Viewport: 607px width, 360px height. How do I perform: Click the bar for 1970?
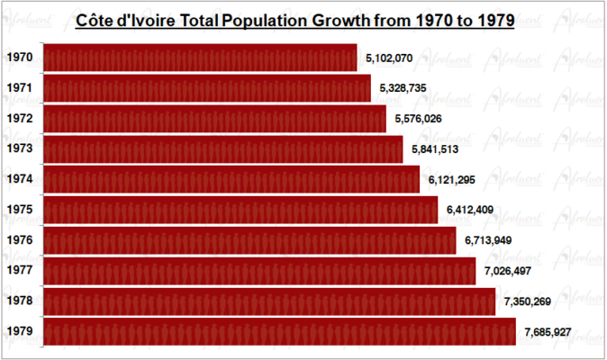pyautogui.click(x=200, y=58)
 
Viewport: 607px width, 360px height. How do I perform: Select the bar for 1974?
pyautogui.click(x=231, y=179)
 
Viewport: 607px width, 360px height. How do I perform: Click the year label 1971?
pyautogui.click(x=20, y=88)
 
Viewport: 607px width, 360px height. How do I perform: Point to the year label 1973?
pyautogui.click(x=20, y=148)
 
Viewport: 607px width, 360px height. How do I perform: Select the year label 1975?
pyautogui.click(x=20, y=210)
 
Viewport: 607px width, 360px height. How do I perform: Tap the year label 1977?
pyautogui.click(x=20, y=270)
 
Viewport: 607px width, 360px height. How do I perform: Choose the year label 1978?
pyautogui.click(x=20, y=301)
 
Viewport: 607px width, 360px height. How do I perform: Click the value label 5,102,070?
pyautogui.click(x=389, y=58)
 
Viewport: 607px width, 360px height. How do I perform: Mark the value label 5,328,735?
pyautogui.click(x=403, y=89)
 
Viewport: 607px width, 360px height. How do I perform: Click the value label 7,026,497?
pyautogui.click(x=508, y=271)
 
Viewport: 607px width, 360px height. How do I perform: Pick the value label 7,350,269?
pyautogui.click(x=528, y=301)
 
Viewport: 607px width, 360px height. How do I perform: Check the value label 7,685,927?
pyautogui.click(x=548, y=332)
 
